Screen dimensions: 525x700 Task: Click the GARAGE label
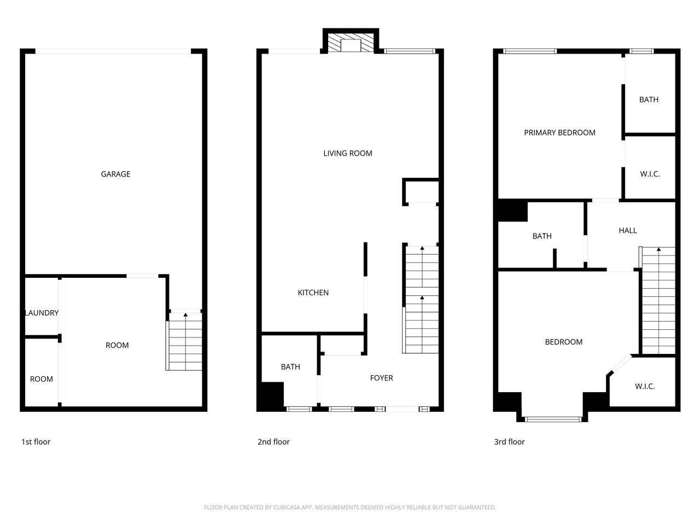pos(115,174)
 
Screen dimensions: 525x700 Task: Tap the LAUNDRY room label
pos(42,313)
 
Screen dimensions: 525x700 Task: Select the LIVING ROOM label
pos(348,153)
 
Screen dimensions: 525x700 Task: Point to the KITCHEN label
pos(313,293)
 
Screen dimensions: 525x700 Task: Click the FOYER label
pos(381,378)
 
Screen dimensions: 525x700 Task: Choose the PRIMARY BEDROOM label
pos(559,132)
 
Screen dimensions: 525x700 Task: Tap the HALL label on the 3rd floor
pos(628,230)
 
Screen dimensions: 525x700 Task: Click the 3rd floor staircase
pos(658,301)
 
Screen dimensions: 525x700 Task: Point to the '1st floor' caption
pos(36,442)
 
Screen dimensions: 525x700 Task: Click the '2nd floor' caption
pos(273,442)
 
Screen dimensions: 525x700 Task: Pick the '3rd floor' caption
pos(509,442)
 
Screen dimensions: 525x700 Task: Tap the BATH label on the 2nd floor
pos(290,367)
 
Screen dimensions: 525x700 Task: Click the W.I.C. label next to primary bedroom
pos(650,174)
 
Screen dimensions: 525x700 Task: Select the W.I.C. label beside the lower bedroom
pos(645,386)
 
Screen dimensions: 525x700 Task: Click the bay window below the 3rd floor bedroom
pos(553,419)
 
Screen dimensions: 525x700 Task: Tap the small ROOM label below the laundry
pos(42,379)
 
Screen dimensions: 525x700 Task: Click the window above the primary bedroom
pos(529,51)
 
